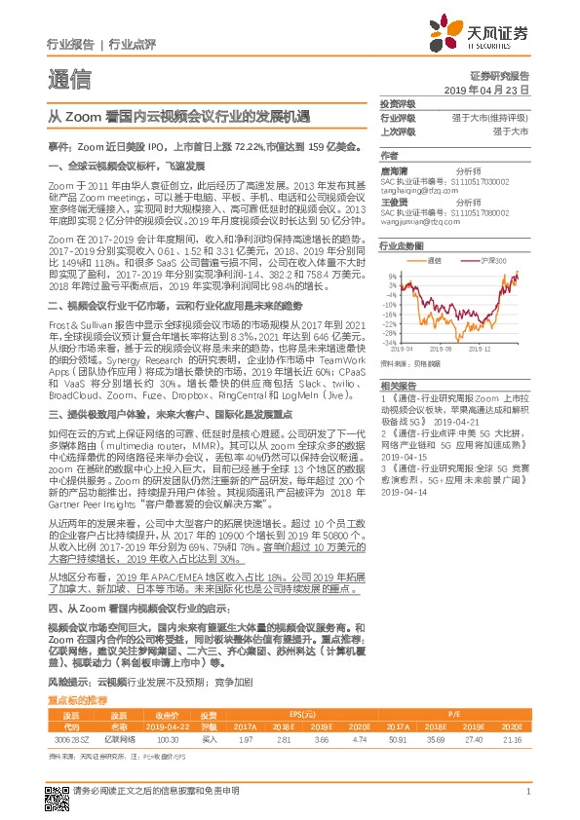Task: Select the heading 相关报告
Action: (397, 357)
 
